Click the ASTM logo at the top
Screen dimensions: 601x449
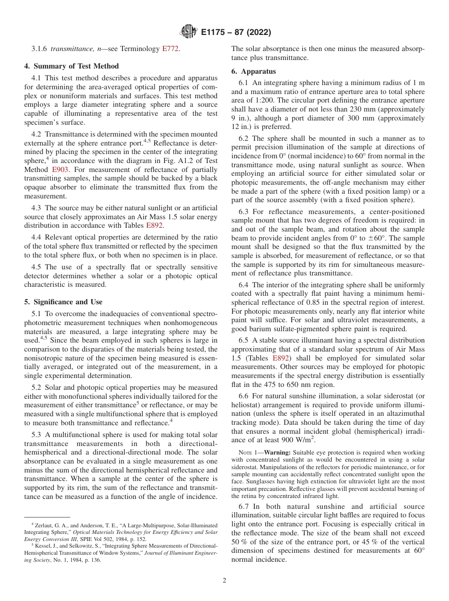point(189,33)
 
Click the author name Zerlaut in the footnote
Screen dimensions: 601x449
point(46,525)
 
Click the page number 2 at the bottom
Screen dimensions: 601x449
point(224,580)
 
